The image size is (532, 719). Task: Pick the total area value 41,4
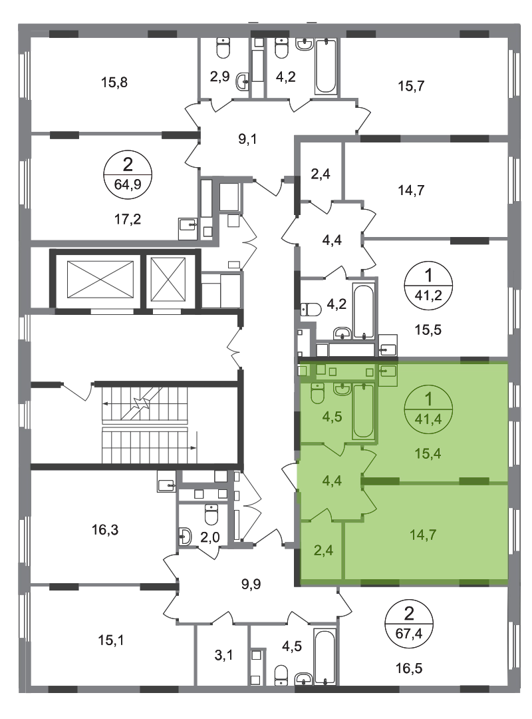[x=428, y=419]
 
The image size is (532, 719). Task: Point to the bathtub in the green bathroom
[x=363, y=411]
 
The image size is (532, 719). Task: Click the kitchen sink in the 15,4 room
[x=388, y=370]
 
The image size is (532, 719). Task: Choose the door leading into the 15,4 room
[x=368, y=459]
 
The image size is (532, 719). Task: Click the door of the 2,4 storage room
[x=322, y=515]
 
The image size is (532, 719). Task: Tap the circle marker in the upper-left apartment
[x=129, y=174]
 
